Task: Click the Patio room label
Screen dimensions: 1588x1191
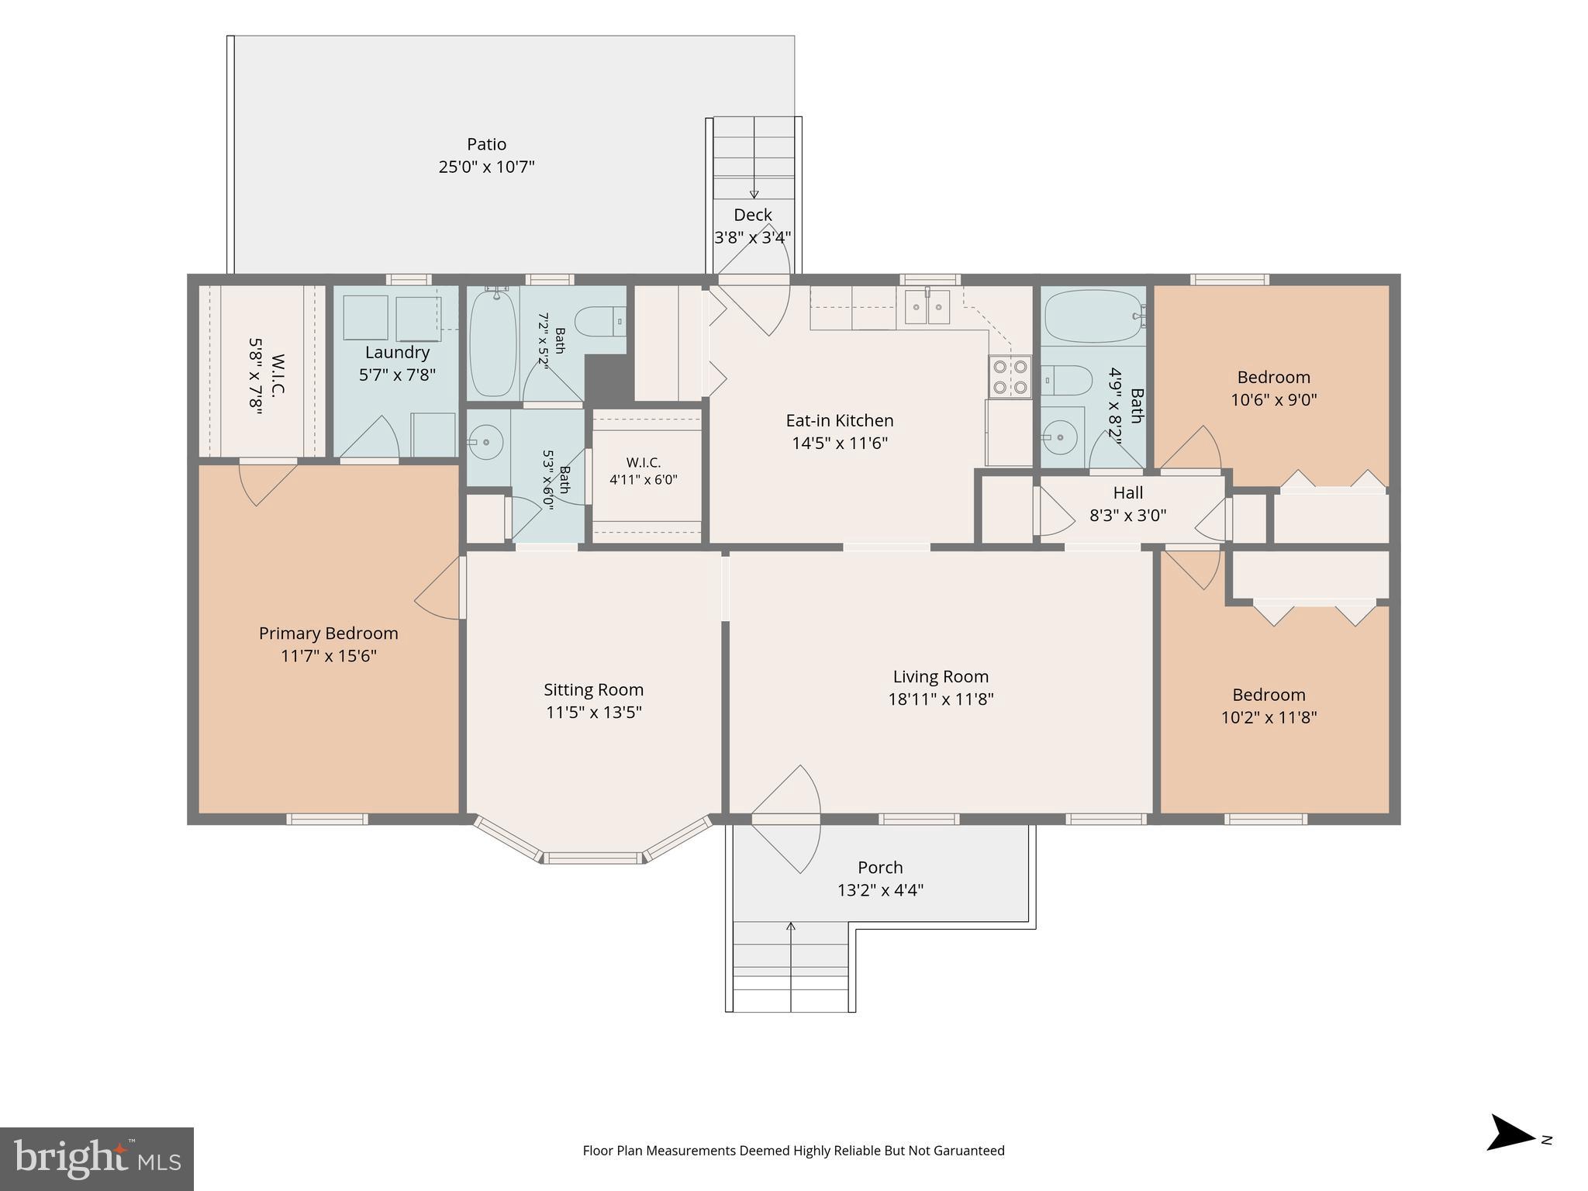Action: coord(486,144)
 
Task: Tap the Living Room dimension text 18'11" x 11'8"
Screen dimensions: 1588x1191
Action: coord(941,699)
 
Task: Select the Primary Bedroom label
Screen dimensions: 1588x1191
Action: coord(329,633)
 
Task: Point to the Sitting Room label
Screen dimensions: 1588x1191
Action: coord(593,690)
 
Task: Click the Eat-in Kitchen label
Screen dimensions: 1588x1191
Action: coord(840,420)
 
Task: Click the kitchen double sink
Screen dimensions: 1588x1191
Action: coord(928,309)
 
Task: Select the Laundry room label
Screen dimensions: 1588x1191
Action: coord(397,353)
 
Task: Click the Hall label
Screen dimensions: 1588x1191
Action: coord(1128,492)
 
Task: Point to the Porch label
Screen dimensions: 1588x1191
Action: coord(880,868)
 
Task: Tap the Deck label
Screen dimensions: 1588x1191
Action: coord(753,215)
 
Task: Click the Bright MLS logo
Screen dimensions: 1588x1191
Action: coord(97,1159)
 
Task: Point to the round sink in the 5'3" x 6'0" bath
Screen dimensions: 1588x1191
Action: coord(485,443)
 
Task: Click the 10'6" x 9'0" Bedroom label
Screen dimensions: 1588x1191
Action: coord(1274,378)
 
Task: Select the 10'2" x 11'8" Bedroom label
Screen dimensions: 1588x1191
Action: coord(1269,696)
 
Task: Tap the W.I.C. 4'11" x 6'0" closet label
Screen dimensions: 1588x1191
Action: coord(644,463)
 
